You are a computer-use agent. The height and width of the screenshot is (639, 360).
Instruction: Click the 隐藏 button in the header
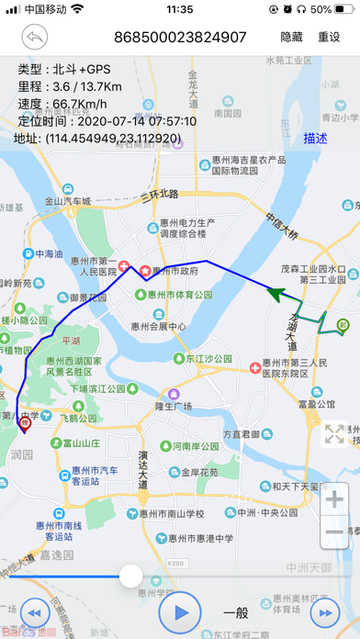click(291, 38)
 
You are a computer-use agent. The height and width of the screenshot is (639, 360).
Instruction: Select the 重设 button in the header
click(329, 38)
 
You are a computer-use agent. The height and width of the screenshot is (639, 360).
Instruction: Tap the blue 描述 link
click(316, 139)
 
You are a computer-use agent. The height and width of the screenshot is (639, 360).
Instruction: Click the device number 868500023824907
click(180, 38)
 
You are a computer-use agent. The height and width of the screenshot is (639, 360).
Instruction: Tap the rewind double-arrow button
click(34, 612)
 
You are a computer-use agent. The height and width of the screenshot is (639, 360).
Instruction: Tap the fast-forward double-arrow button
click(325, 612)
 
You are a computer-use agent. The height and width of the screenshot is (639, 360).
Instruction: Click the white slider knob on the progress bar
click(131, 576)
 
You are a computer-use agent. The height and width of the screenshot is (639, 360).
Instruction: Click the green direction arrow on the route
click(276, 293)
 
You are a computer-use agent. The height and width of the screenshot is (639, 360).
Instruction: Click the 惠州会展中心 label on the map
click(159, 326)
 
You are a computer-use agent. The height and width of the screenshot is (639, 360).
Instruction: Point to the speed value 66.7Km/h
click(91, 104)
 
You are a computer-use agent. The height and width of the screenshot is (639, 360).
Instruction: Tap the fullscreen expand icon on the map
click(335, 434)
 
